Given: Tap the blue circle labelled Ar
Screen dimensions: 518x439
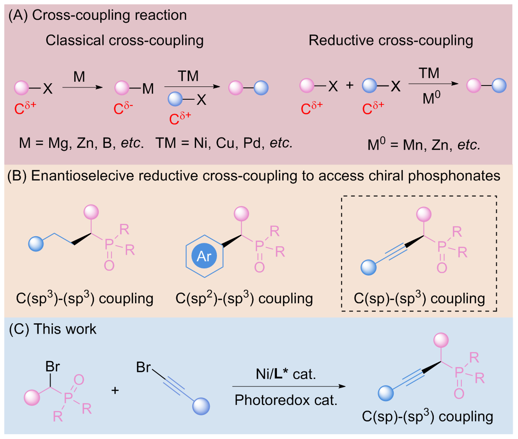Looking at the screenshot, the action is coord(204,256).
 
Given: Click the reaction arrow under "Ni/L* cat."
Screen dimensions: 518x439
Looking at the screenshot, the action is coord(289,386).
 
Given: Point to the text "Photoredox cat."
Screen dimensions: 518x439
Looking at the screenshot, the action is coord(286,400).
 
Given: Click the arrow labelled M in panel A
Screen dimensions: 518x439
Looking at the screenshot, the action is coord(83,87).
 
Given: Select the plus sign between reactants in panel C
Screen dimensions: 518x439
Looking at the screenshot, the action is coord(115,390).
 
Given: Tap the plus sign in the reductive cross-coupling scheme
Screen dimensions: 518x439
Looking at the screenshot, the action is coord(350,85).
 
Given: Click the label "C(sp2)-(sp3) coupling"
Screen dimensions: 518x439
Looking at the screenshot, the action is coord(244,298).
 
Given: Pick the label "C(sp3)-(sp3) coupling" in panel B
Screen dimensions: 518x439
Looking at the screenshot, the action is coord(85,298).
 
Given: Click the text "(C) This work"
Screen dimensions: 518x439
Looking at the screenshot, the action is coord(52,329).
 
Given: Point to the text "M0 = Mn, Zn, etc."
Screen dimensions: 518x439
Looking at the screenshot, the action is coord(424,144).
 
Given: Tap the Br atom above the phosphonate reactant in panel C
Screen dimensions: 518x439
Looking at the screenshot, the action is coord(52,366).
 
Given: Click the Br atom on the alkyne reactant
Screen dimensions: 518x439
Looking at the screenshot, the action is coord(143,367).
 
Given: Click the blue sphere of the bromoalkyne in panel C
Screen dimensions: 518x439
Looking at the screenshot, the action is coord(201,406).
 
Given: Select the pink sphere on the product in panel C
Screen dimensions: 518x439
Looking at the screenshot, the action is coord(441,340).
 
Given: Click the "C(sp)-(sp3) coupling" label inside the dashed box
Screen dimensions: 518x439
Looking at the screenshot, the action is coord(419,298).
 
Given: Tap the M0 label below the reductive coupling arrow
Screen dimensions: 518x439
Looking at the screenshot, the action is coord(432,97).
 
